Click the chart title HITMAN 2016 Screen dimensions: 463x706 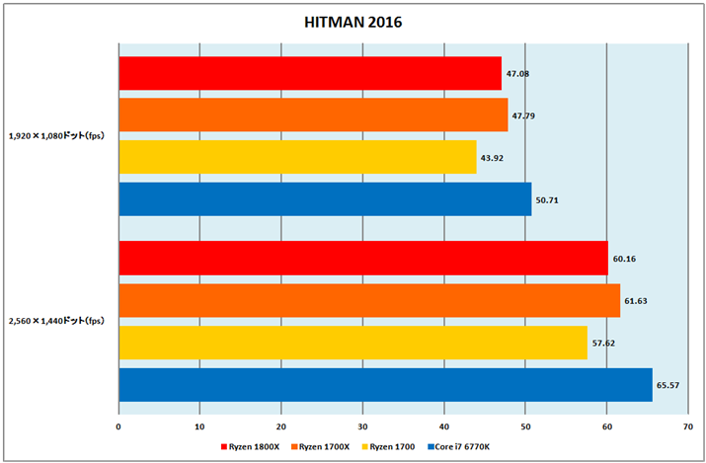coord(353,21)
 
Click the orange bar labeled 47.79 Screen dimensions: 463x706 coord(313,115)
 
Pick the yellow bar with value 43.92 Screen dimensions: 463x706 coord(297,157)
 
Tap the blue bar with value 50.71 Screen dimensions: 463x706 coord(325,199)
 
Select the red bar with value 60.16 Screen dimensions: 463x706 coord(362,258)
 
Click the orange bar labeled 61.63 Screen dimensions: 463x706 coord(369,300)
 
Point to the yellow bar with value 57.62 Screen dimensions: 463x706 coord(353,342)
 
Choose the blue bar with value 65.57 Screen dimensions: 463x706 coord(385,384)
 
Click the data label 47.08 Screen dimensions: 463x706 coord(518,73)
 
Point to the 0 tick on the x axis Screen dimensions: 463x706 coord(118,427)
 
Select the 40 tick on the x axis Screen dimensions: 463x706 coord(443,427)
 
